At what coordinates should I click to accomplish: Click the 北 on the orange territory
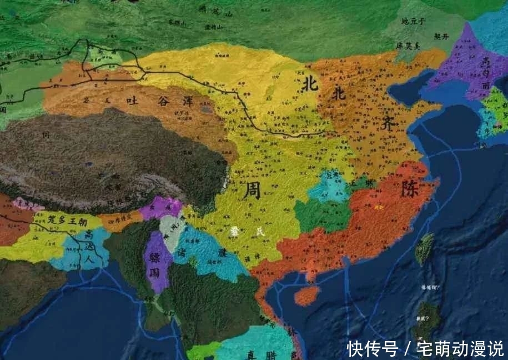(338, 92)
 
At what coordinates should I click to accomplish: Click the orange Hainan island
(306, 295)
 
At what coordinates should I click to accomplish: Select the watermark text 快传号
(373, 348)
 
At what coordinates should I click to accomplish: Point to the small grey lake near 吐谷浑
(208, 110)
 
